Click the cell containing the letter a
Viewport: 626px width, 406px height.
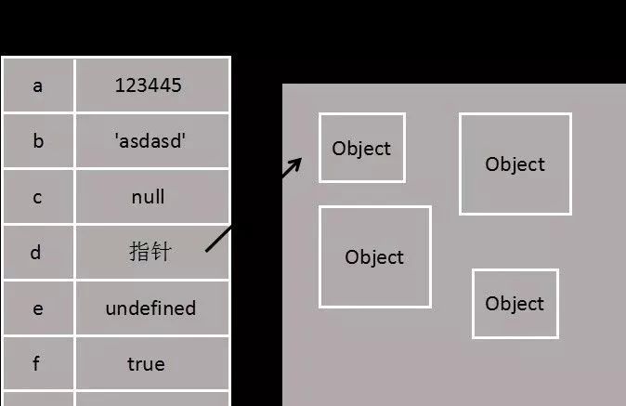click(38, 85)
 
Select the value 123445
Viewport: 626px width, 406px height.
click(149, 85)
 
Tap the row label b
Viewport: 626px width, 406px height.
click(38, 141)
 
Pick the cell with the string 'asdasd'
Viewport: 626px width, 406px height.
click(149, 141)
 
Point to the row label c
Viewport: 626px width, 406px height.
click(38, 197)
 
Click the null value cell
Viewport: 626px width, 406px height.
click(149, 197)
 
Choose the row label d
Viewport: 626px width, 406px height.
click(38, 252)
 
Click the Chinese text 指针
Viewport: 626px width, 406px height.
click(149, 252)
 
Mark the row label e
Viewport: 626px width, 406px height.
click(38, 308)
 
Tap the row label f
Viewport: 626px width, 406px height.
click(38, 363)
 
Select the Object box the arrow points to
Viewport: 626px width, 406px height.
click(361, 148)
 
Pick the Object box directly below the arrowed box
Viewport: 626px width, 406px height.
click(374, 256)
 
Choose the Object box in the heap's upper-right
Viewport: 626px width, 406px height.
click(515, 164)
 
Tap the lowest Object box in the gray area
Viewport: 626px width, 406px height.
click(515, 304)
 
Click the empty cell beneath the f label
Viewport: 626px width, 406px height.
click(38, 399)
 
